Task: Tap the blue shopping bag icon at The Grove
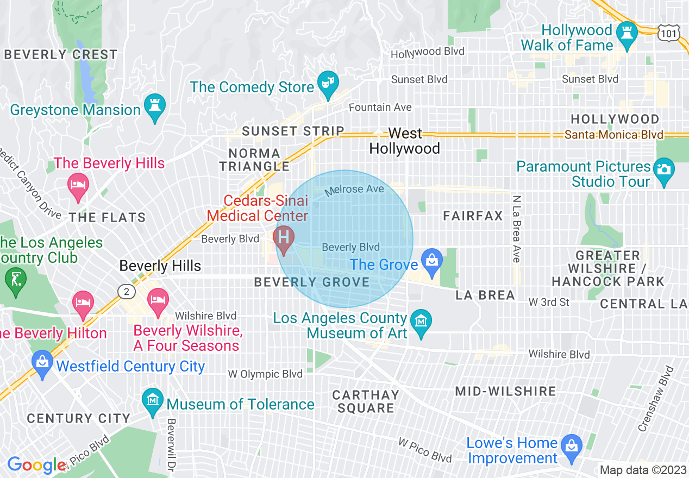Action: (x=432, y=259)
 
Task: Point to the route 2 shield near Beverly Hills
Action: (x=127, y=292)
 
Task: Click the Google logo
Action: (x=36, y=466)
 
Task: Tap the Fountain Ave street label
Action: (x=380, y=108)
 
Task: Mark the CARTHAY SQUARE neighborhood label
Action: (x=366, y=401)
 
